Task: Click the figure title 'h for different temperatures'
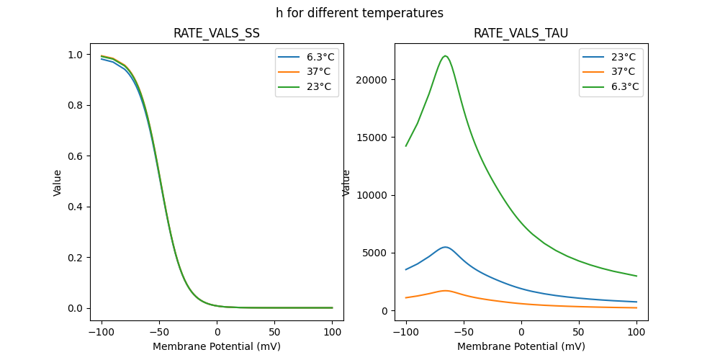click(359, 13)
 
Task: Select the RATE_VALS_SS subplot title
click(217, 34)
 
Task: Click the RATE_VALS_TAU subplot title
click(521, 34)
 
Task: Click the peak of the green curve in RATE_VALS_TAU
click(445, 56)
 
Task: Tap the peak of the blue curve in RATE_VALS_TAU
click(445, 247)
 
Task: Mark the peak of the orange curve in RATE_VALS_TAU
click(445, 291)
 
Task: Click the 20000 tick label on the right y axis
click(373, 80)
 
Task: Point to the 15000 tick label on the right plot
click(373, 138)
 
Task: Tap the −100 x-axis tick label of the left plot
click(100, 333)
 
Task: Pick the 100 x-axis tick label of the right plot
click(636, 333)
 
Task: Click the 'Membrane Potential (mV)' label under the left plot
click(217, 346)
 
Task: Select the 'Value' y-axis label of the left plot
click(58, 183)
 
